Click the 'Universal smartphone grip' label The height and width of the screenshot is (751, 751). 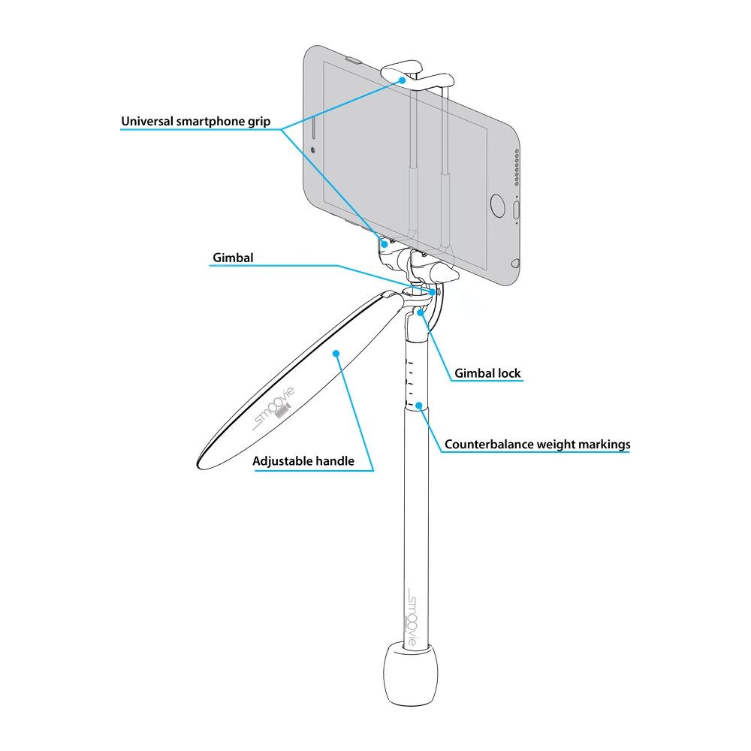195,122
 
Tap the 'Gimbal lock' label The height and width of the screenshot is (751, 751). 487,373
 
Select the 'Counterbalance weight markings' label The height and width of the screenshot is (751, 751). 538,445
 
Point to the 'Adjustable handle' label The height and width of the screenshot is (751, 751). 303,461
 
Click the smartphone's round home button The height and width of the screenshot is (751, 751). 498,205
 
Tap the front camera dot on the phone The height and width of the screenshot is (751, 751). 313,150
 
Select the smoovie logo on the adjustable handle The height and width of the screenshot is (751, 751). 273,408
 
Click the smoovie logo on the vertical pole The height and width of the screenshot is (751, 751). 412,619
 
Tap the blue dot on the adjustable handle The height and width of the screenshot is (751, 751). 336,354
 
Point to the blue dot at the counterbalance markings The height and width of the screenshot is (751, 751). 418,406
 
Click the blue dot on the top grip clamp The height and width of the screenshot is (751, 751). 402,80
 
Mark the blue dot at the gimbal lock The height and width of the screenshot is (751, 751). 420,312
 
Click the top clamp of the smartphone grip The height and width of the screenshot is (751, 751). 417,76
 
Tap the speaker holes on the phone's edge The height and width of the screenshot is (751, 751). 517,167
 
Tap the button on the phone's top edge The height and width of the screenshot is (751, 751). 354,61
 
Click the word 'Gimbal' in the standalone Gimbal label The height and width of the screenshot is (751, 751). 233,258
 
